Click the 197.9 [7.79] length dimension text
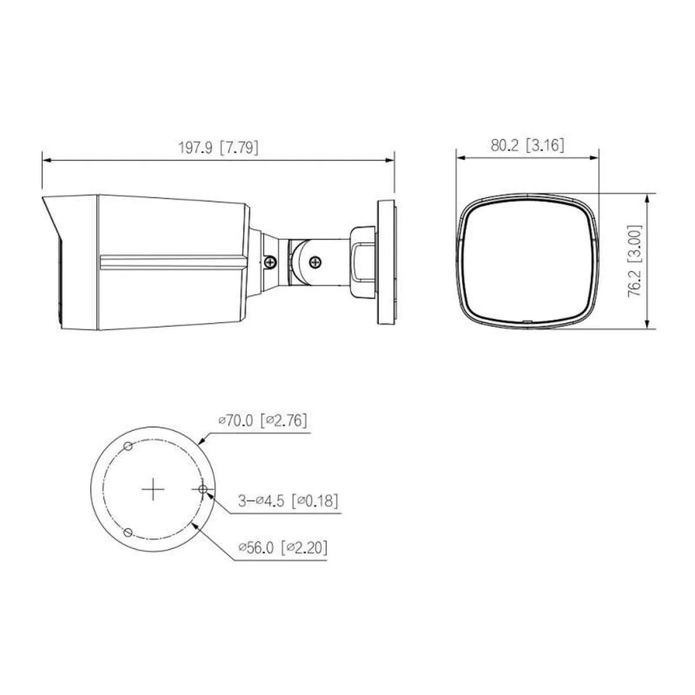click(218, 148)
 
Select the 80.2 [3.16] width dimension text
click(527, 145)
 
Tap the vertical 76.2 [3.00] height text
click(635, 262)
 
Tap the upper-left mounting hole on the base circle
click(129, 446)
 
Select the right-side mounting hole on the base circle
click(203, 490)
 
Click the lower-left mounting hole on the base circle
click(129, 532)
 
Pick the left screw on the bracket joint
click(270, 262)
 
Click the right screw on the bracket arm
click(316, 262)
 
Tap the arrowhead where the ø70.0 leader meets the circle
click(201, 441)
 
